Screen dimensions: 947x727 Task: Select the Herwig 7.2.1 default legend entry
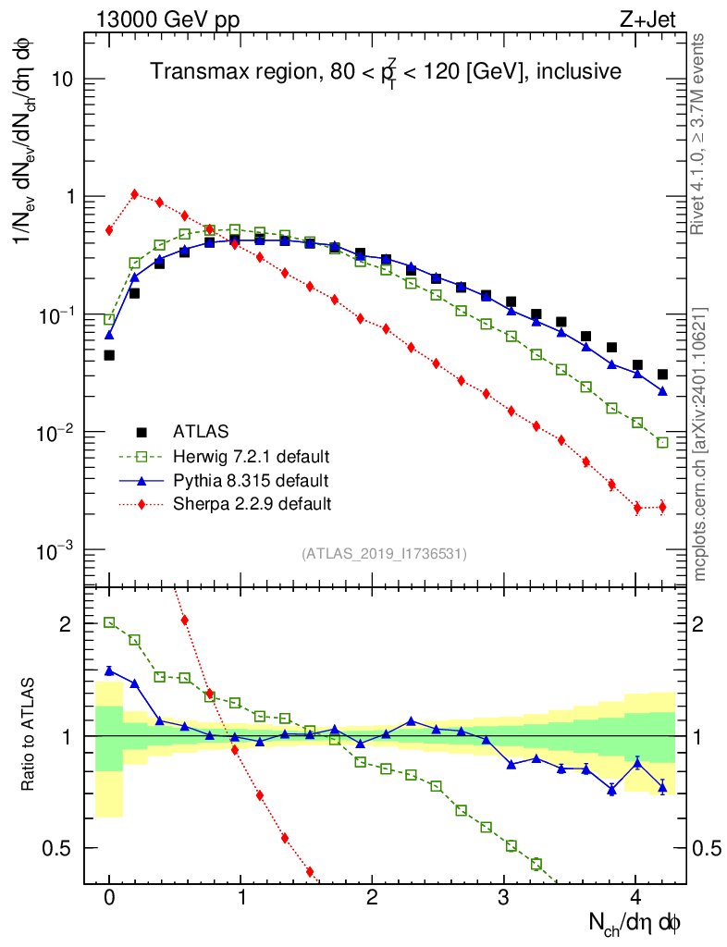(251, 457)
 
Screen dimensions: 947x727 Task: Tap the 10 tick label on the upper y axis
(63, 80)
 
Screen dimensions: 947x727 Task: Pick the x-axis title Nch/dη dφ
(635, 922)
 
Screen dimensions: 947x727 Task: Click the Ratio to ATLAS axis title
(28, 735)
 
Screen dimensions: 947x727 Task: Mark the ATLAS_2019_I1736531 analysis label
(384, 554)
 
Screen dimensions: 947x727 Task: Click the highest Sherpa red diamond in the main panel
(135, 194)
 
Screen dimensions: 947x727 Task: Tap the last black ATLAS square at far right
(662, 375)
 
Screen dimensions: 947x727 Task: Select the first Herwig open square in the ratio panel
(109, 622)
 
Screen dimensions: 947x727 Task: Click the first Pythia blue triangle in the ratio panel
(109, 670)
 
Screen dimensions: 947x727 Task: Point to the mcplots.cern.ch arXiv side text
(702, 444)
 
